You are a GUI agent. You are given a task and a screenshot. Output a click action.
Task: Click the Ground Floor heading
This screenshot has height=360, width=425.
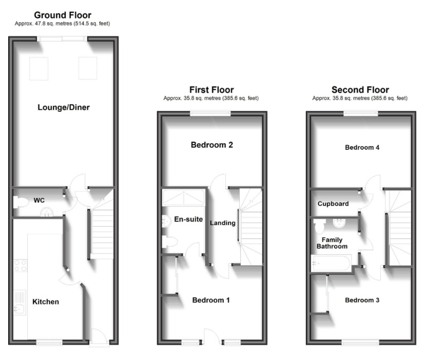(63, 15)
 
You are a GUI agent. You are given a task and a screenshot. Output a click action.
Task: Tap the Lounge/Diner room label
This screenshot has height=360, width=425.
(64, 107)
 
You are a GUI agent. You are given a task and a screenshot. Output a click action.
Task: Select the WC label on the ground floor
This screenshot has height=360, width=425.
(39, 201)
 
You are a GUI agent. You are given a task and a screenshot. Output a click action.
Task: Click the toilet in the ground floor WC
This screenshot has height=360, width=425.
(21, 203)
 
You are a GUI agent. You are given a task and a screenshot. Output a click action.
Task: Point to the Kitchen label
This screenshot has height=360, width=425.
(46, 302)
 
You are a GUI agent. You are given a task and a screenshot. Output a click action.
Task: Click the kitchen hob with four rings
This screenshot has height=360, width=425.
(21, 266)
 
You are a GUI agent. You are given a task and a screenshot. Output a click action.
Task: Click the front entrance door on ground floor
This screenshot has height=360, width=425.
(100, 337)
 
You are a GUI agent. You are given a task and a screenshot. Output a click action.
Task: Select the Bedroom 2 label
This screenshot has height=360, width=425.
(212, 145)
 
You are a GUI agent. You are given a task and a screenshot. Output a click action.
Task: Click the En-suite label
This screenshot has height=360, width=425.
(188, 219)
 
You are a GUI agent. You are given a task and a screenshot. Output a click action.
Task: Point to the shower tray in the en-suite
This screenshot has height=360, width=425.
(183, 198)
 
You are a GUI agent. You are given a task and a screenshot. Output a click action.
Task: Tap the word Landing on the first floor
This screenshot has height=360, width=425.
(223, 223)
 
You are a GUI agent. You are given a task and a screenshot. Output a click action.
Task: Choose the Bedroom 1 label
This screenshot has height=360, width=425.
(211, 300)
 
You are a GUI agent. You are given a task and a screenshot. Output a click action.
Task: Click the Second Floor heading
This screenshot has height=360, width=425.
(360, 90)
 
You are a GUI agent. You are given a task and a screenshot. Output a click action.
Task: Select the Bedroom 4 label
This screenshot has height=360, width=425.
(362, 148)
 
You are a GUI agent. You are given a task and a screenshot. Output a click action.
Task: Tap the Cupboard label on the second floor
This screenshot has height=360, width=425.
(333, 204)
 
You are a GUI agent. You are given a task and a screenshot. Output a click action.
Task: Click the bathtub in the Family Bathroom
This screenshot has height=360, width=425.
(331, 263)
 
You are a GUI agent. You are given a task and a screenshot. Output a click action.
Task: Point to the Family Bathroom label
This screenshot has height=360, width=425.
(332, 243)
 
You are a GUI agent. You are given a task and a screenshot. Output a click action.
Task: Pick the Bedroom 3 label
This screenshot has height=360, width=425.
(362, 300)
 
